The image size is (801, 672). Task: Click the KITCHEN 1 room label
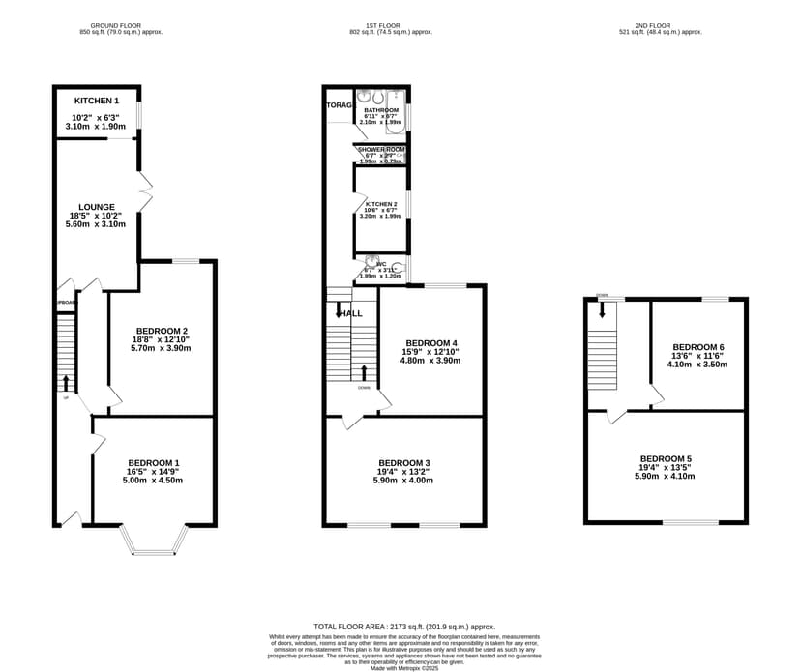(97, 101)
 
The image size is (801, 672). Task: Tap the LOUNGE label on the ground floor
(97, 207)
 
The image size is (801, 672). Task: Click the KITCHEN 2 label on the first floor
(381, 204)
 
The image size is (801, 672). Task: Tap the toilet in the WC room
(397, 268)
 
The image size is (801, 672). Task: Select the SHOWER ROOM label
(381, 150)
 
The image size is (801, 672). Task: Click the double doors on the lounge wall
(144, 191)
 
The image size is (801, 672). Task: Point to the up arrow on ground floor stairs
(66, 381)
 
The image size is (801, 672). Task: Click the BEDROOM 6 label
(697, 347)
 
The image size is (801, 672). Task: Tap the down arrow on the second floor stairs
(602, 309)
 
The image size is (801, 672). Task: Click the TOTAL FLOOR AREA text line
(404, 627)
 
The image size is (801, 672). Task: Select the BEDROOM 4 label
(430, 343)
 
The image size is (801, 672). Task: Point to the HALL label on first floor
(350, 313)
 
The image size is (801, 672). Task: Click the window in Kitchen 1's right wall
(139, 114)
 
